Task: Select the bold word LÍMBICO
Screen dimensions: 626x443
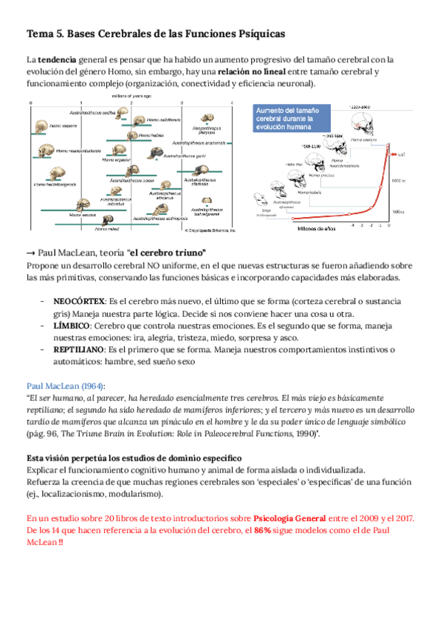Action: (72, 326)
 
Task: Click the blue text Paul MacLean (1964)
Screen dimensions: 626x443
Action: (66, 386)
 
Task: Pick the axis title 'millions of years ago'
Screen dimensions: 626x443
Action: (132, 96)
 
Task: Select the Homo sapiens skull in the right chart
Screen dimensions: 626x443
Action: (363, 128)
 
